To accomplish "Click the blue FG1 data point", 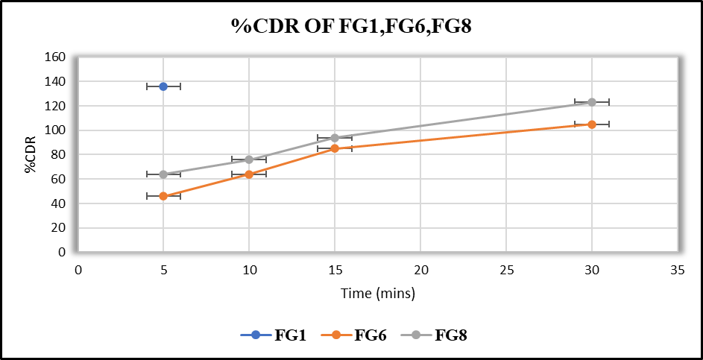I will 163,86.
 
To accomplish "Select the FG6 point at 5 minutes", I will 163,196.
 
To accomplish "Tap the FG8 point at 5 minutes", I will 163,174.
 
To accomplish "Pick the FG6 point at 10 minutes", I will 249,174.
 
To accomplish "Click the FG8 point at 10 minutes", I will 249,160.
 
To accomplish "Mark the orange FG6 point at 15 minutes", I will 335,148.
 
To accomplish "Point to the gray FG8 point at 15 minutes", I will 335,138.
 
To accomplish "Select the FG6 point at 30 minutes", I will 592,124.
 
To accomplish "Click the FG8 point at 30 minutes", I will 592,102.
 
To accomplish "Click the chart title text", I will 351,28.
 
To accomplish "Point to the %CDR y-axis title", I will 31,154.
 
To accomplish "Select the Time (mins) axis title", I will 378,294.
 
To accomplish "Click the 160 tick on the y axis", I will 56,57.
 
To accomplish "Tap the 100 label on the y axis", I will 56,130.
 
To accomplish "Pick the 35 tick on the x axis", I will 677,271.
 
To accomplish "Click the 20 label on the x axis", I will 420,271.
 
